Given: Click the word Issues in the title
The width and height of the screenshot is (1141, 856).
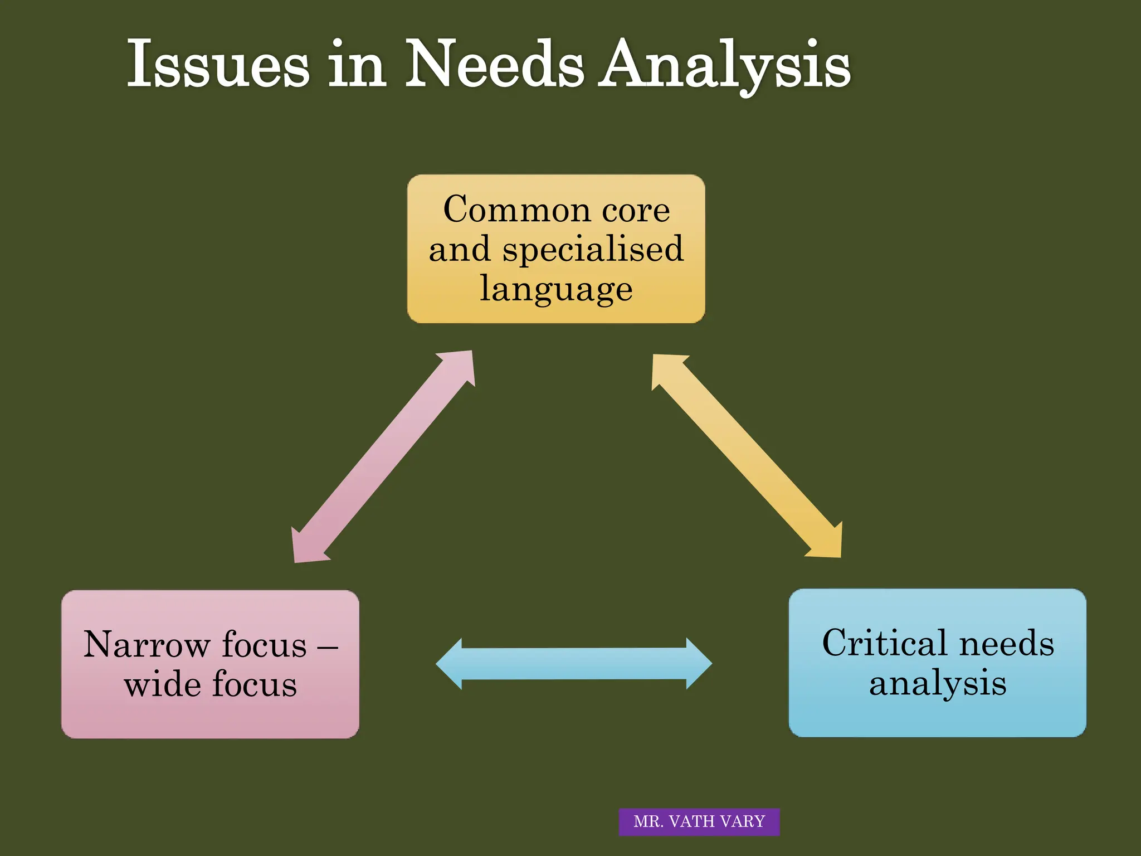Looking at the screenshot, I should (217, 64).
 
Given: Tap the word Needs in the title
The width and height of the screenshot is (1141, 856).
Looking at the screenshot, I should (494, 64).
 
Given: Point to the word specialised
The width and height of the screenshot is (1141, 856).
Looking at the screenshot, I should (593, 249).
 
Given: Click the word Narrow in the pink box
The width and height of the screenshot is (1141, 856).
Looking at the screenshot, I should (146, 645).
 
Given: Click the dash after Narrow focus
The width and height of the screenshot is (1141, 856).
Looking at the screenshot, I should (327, 648).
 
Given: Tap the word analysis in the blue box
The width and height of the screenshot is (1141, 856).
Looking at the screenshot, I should (938, 683).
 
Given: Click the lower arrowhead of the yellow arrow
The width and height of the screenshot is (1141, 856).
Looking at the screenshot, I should (827, 543).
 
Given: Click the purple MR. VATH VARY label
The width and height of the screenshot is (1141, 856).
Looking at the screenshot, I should (699, 821).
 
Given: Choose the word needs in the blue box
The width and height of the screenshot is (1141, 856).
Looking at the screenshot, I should (1007, 643).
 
